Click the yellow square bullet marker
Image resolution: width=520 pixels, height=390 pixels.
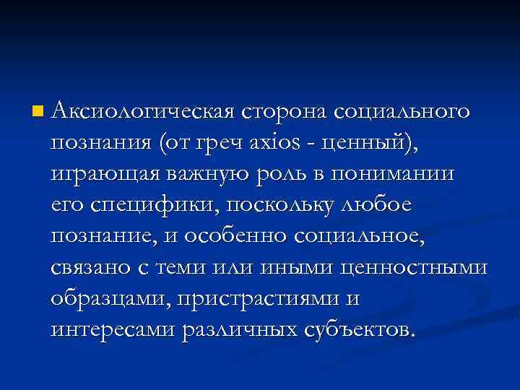[38, 112]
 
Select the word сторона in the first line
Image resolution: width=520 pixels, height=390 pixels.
[286, 112]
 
